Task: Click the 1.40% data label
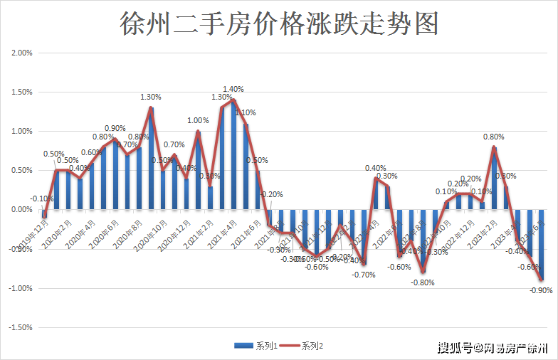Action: pyautogui.click(x=233, y=90)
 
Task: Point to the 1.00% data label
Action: pyautogui.click(x=198, y=121)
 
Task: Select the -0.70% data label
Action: pyautogui.click(x=363, y=275)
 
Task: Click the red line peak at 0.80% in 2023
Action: pyautogui.click(x=494, y=147)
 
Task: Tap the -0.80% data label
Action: pyautogui.click(x=422, y=282)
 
